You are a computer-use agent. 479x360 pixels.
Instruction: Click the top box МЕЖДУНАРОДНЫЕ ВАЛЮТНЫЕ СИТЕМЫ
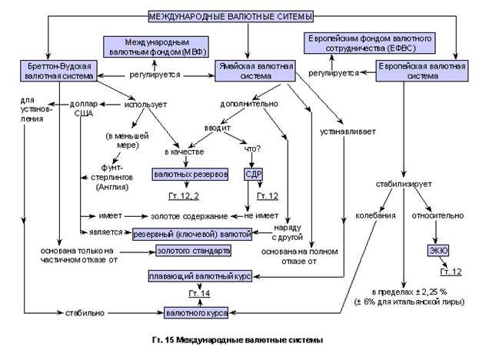coord(231,16)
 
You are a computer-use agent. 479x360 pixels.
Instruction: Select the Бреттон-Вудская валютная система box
coord(58,71)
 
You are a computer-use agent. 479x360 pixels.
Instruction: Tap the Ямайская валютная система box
coord(255,71)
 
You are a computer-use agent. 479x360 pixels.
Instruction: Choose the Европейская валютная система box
coord(422,71)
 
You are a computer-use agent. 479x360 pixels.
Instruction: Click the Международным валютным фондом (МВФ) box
coord(156,47)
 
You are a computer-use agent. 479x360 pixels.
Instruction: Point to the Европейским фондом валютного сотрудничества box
coord(370,43)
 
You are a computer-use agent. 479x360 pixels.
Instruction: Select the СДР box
coord(253,175)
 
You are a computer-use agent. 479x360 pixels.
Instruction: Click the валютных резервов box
coord(190,175)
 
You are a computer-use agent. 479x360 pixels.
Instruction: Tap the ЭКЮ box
coord(438,251)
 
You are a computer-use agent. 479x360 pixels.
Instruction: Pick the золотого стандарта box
coord(194,251)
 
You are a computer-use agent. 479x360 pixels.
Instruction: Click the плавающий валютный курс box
coord(200,276)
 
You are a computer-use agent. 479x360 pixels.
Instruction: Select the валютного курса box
coord(196,313)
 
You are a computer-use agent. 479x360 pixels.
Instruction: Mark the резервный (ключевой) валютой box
coord(192,235)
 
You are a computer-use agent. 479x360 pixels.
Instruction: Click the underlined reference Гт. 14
coord(199,294)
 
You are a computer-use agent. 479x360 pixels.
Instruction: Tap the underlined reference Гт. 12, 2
coord(184,196)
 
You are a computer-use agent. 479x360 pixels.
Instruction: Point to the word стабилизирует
coord(404,185)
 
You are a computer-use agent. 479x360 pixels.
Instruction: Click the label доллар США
coord(84,108)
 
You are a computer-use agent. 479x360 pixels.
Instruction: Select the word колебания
coord(375,215)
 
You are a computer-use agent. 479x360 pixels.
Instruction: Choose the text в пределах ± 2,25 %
coord(409,292)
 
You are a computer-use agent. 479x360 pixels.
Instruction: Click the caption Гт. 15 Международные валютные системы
coord(238,340)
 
